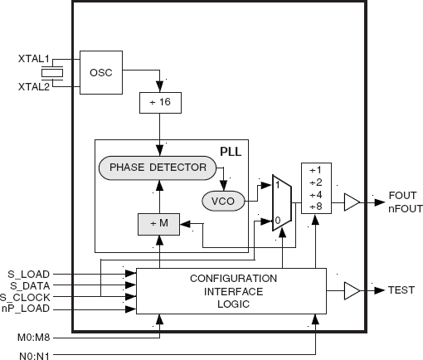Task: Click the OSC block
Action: pos(101,72)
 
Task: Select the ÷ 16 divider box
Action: pos(160,103)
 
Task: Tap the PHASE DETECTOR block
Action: pos(158,168)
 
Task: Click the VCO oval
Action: pos(223,201)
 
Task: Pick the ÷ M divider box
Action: pos(159,224)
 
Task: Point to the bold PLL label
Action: pos(231,152)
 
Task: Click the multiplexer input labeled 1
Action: pos(277,185)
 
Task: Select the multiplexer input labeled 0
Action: pos(278,221)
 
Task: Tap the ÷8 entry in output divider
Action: pos(316,207)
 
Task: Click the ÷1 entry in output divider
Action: pos(316,170)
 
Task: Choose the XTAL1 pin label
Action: pos(34,59)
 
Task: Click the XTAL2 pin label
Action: pos(34,87)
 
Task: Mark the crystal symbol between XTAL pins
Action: pos(52,73)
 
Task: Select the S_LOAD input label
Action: pos(29,275)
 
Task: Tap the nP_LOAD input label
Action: pos(26,309)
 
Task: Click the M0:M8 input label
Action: pos(34,338)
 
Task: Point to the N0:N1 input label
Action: pos(34,355)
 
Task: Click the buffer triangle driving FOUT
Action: pos(352,202)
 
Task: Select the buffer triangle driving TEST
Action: pos(352,290)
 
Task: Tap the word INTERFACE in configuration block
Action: pos(234,292)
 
